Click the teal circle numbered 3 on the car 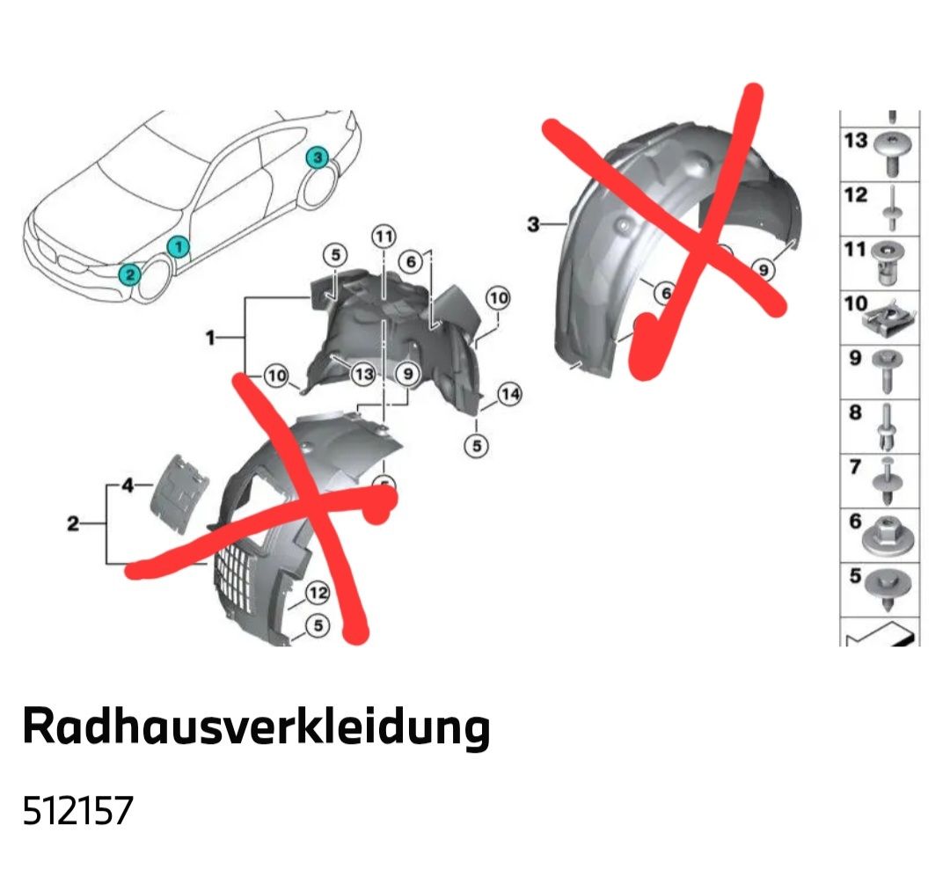tap(317, 157)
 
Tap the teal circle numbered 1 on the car tap(179, 246)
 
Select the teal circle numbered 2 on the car tap(129, 275)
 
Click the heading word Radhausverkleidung tap(256, 726)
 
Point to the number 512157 tap(77, 811)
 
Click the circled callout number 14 tap(509, 394)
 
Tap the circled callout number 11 tap(384, 237)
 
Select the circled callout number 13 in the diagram tap(363, 374)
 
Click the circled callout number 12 tap(318, 592)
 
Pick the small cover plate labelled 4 tap(180, 493)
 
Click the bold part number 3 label tap(533, 224)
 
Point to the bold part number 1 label tap(210, 338)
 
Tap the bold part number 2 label tap(73, 523)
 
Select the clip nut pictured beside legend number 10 tap(889, 321)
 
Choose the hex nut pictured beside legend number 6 tap(888, 536)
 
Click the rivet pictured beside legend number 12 tap(893, 209)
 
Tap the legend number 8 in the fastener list tap(856, 412)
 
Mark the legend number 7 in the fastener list tap(856, 467)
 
